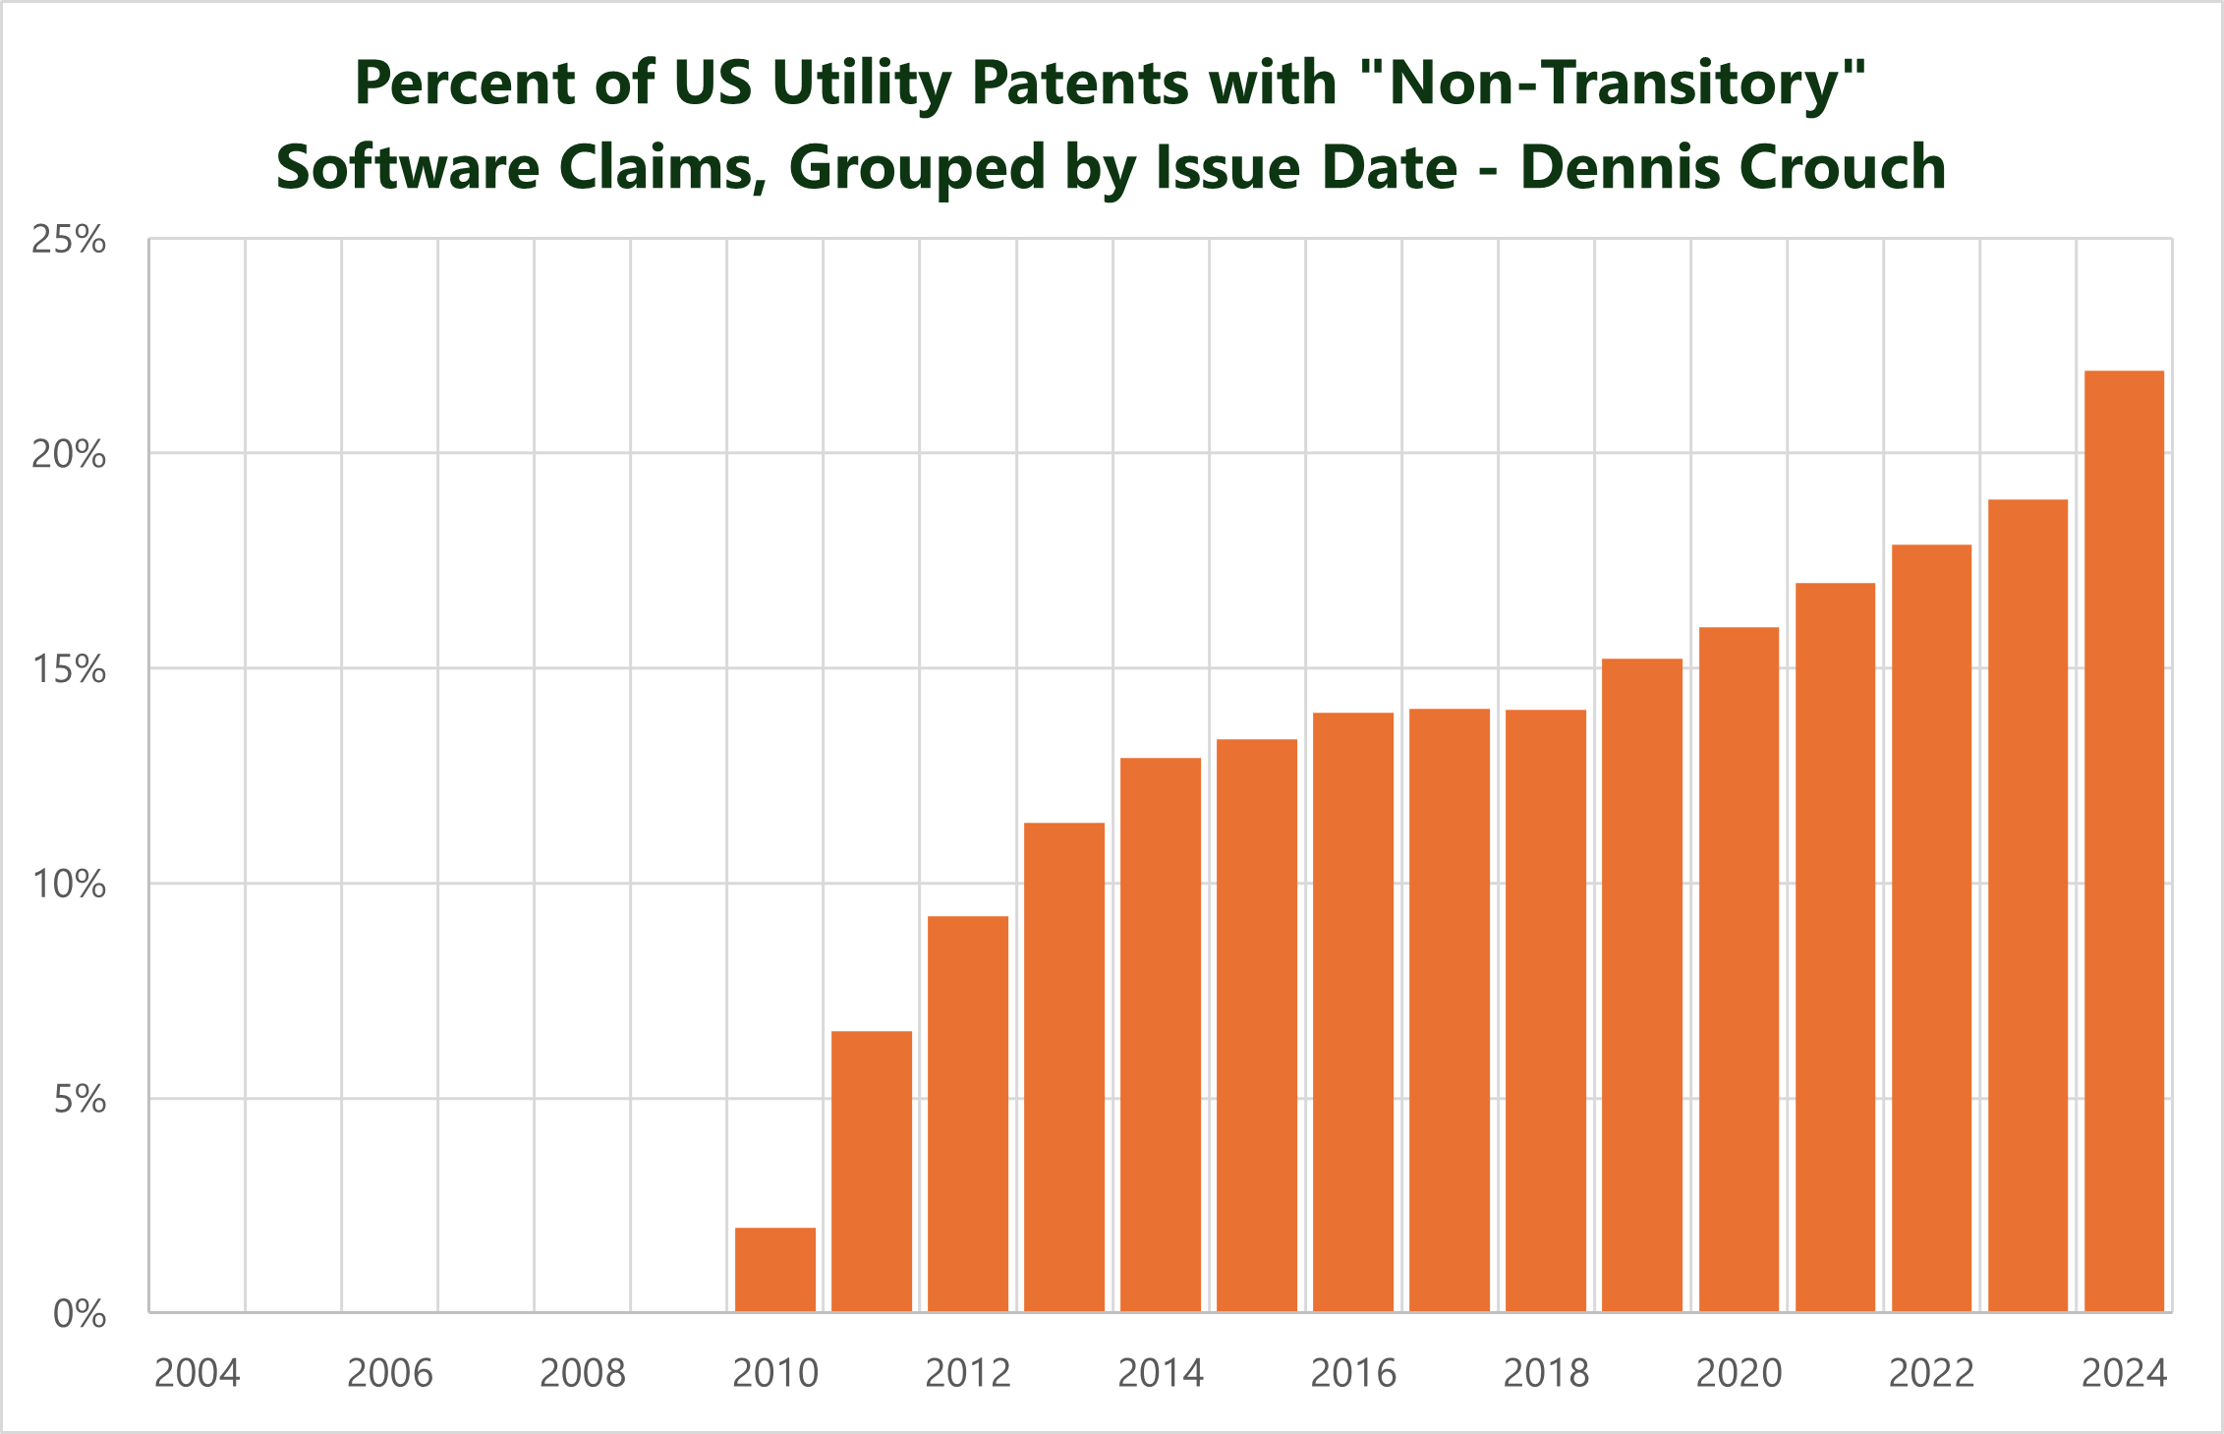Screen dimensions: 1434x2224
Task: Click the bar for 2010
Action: tap(775, 1269)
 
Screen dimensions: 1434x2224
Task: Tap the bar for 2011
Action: tap(872, 1171)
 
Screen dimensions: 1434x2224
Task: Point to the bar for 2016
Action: tap(1353, 1012)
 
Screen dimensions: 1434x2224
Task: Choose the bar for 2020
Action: tap(1739, 969)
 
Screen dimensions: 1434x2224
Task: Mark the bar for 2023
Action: tap(2027, 905)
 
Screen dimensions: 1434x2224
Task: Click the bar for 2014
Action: tap(1161, 1035)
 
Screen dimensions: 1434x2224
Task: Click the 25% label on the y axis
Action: tap(69, 240)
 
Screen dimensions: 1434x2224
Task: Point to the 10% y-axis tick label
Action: tap(69, 885)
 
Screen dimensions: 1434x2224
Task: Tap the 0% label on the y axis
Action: tap(80, 1314)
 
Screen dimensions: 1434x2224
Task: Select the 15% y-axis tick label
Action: tap(69, 669)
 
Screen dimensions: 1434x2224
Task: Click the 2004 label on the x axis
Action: tap(198, 1373)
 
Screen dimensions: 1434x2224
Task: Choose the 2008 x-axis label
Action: tap(583, 1373)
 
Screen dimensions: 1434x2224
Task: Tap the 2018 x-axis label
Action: tap(1546, 1373)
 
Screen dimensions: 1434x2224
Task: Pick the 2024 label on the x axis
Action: tap(2124, 1373)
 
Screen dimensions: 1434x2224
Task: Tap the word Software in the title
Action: tap(407, 167)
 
